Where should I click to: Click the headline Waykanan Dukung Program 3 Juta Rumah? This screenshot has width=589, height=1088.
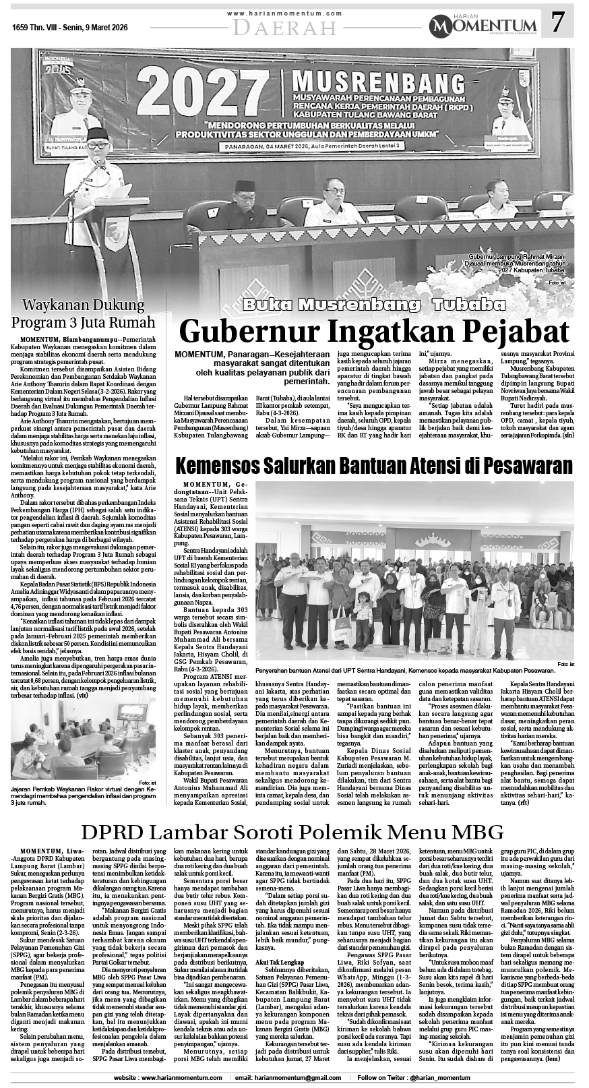coord(83,313)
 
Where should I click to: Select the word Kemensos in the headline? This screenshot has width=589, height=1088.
coord(221,466)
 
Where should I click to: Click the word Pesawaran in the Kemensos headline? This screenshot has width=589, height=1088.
coord(518,466)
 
